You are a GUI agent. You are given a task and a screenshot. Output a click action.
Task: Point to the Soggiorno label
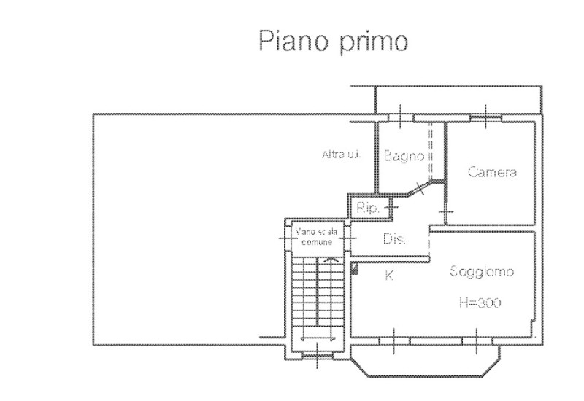[481, 271]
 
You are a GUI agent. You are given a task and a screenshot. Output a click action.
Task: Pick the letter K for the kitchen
[389, 275]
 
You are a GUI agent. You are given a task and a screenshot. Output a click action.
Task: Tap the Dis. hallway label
[394, 239]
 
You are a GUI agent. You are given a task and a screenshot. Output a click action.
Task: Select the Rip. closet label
[367, 209]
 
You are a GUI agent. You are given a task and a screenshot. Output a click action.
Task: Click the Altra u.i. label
[337, 154]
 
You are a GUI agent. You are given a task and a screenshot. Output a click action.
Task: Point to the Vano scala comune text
[315, 235]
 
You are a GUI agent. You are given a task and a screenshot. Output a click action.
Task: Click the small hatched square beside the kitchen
[356, 269]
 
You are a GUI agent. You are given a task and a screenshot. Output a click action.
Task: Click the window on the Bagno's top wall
[401, 117]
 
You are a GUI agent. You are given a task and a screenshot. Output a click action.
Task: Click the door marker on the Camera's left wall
[446, 212]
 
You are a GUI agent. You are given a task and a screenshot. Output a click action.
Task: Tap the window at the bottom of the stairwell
[316, 356]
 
